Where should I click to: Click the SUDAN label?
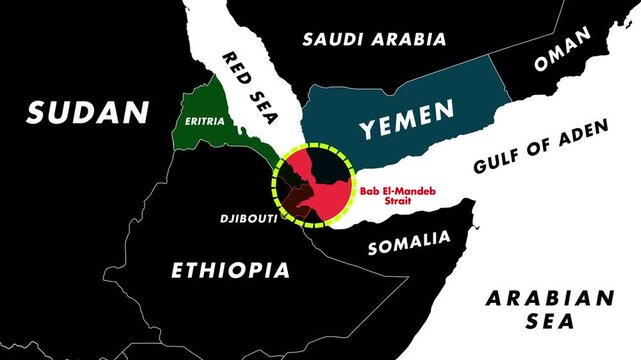[x=88, y=113]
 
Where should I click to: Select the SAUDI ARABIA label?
[x=375, y=40]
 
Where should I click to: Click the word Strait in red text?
[x=385, y=200]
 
